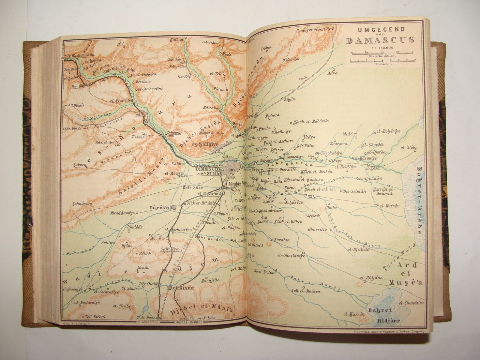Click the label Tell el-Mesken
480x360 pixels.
point(306,291)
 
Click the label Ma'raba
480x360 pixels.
point(210,107)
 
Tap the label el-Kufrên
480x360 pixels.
point(389,206)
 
